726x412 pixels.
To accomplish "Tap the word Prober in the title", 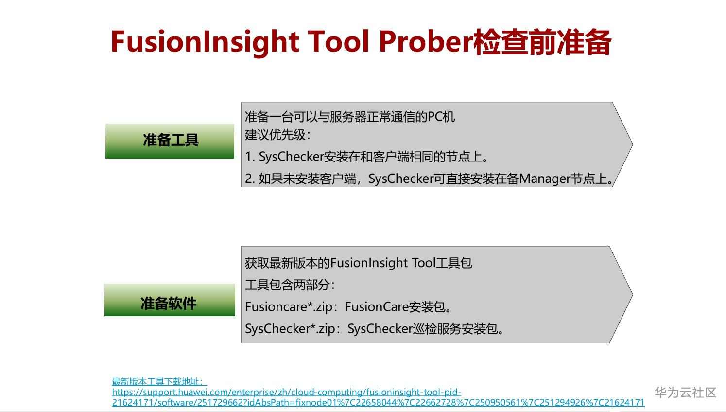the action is click(x=426, y=41).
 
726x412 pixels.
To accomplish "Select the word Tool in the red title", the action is click(x=338, y=41).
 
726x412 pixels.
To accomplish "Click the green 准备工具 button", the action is click(x=170, y=141).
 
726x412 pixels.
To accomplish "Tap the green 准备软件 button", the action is click(x=170, y=300).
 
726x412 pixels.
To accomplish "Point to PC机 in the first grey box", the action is click(x=441, y=117).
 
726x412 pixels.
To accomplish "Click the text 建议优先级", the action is click(x=275, y=135).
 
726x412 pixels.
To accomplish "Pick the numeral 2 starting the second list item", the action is click(x=249, y=179).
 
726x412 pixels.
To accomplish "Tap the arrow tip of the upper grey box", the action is click(x=632, y=144).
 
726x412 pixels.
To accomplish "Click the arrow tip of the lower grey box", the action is click(x=632, y=294).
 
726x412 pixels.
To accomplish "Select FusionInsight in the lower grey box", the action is click(x=369, y=263).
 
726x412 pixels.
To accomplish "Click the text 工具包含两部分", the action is click(x=287, y=285).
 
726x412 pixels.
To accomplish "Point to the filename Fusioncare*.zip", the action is click(x=289, y=307).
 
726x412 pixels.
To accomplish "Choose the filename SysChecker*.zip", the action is click(x=290, y=329).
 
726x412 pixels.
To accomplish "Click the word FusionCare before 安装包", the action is click(x=376, y=307).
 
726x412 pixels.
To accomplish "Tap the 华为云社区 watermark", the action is click(x=685, y=393).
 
